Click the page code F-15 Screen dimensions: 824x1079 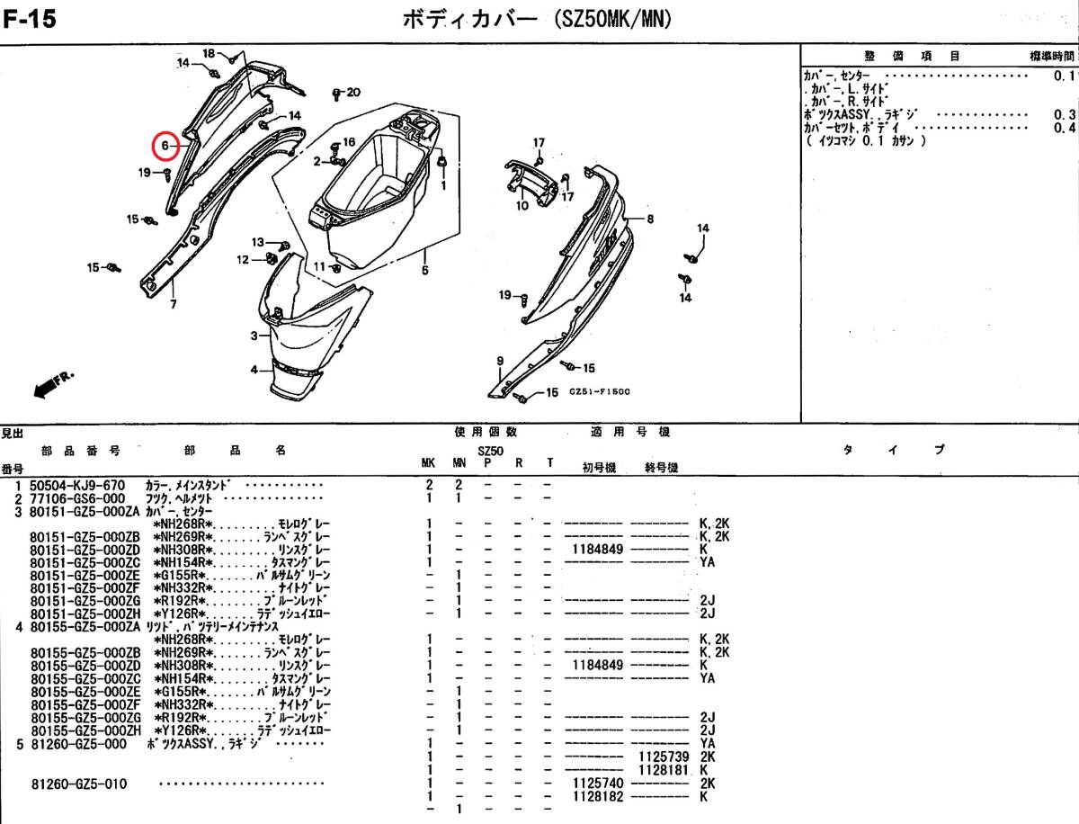pos(30,18)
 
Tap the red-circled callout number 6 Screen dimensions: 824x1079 pos(165,145)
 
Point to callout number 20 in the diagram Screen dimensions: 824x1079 pos(352,93)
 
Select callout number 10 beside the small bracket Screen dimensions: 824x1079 pos(522,206)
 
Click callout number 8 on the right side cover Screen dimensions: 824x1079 pos(649,219)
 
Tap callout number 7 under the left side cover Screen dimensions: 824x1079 pos(173,304)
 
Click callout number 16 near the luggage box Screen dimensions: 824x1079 pos(349,142)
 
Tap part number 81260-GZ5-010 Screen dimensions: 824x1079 pos(77,784)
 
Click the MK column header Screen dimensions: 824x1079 pos(429,463)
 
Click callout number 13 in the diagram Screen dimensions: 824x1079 pos(257,243)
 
